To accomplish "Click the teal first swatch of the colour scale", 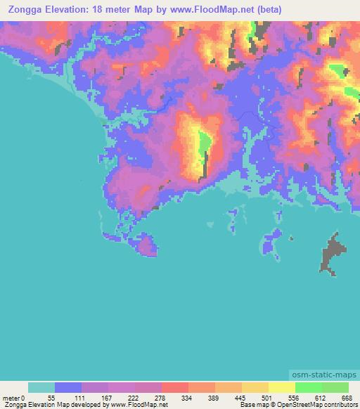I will (41, 387).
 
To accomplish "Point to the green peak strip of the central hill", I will (203, 148).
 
